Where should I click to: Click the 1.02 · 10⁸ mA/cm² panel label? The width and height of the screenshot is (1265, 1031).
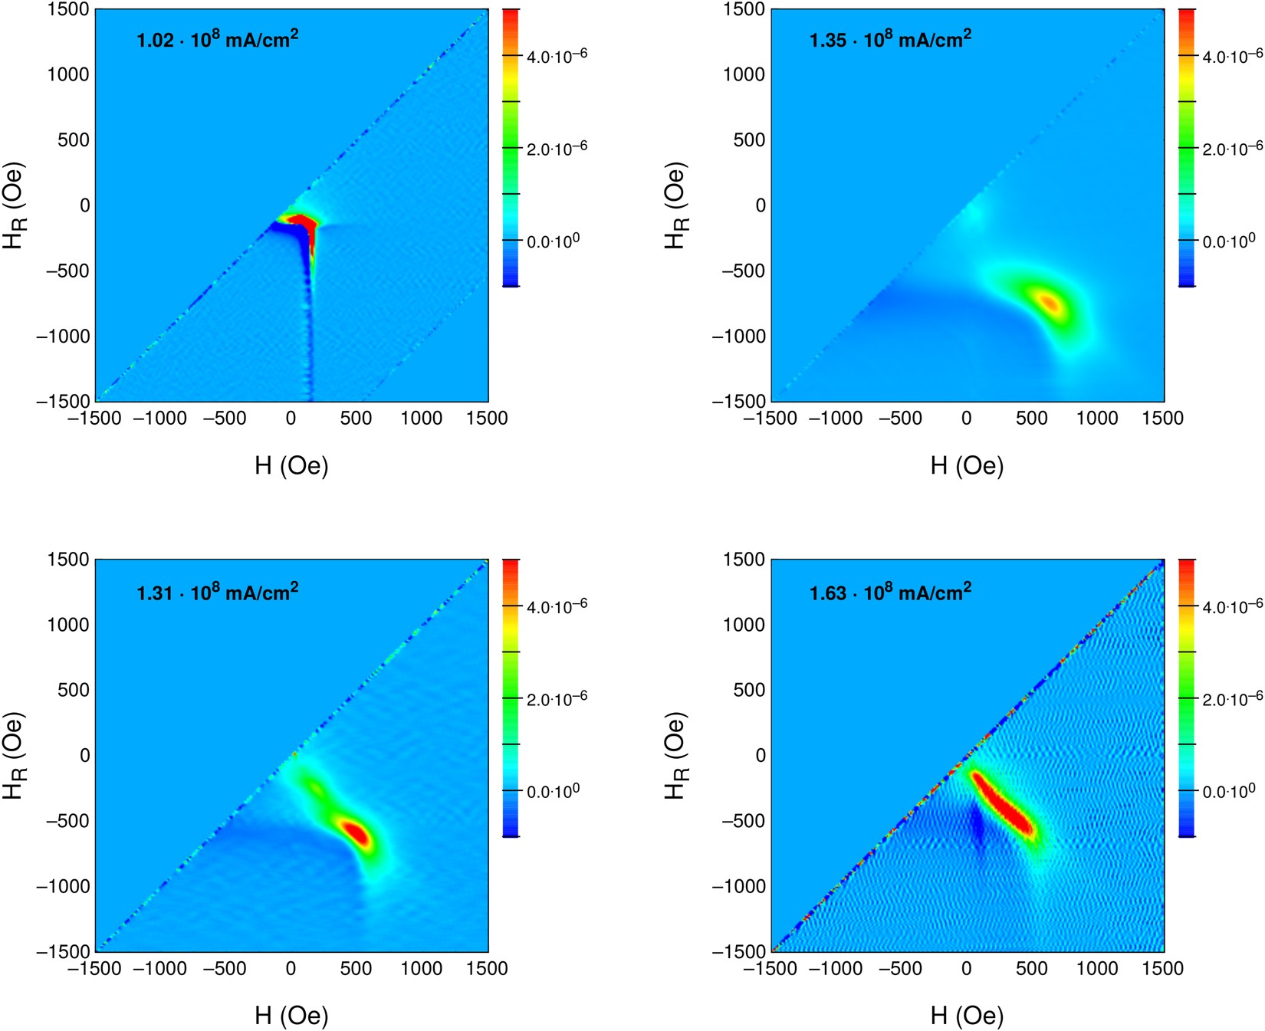[x=217, y=39]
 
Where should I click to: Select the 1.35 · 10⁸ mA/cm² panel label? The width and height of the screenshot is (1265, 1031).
[x=890, y=39]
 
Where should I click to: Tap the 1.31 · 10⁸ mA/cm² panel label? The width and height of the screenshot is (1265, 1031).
[x=217, y=593]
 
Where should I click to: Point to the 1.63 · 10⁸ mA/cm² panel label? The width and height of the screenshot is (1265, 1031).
[x=890, y=593]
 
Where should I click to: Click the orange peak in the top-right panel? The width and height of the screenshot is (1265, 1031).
[x=1050, y=303]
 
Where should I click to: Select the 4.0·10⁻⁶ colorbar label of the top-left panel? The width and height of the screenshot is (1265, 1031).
[x=557, y=56]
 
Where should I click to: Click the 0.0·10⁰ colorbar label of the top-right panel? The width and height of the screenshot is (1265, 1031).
[x=1229, y=241]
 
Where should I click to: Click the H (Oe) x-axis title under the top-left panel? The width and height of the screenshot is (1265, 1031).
[x=291, y=465]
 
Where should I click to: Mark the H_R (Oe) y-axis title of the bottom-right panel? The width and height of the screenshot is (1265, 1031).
[x=675, y=756]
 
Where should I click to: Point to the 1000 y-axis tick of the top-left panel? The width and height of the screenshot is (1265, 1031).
[x=68, y=74]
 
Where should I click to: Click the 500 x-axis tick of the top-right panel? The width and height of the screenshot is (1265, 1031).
[x=1031, y=419]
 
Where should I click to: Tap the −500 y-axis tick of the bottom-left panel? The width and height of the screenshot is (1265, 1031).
[x=63, y=820]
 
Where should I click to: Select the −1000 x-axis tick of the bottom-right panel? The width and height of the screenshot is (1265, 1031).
[x=836, y=969]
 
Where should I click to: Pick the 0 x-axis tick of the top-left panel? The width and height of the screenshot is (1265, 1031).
[x=291, y=419]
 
